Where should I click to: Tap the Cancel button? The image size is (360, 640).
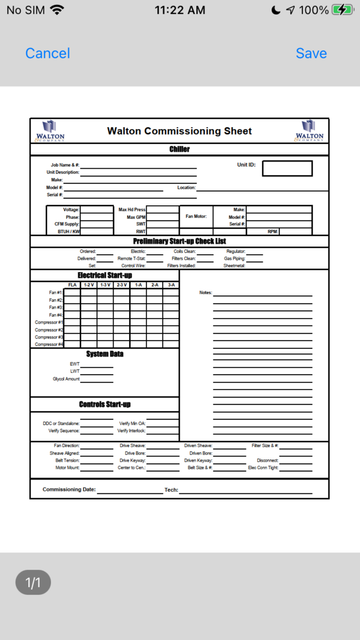(x=47, y=54)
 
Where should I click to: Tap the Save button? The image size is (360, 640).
(x=311, y=54)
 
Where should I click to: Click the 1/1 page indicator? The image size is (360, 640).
(x=33, y=582)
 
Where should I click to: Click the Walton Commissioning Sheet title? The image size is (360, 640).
(x=179, y=131)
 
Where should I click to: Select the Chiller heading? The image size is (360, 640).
(x=179, y=149)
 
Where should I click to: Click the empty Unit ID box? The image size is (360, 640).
(x=287, y=168)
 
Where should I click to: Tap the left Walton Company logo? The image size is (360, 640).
(x=50, y=131)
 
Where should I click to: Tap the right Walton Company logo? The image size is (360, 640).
(x=309, y=131)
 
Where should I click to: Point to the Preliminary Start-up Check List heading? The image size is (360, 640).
(x=179, y=241)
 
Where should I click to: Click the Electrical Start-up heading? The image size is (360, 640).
(x=104, y=275)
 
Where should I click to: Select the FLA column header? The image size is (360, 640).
(x=73, y=285)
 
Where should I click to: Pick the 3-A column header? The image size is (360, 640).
(x=171, y=285)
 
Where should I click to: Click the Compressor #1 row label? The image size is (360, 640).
(x=49, y=323)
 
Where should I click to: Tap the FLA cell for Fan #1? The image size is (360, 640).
(x=73, y=293)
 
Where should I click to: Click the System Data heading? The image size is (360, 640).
(x=104, y=354)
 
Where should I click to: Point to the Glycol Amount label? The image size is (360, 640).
(x=66, y=379)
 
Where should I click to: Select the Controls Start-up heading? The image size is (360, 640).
(x=104, y=404)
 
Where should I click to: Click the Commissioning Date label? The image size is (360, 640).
(x=69, y=490)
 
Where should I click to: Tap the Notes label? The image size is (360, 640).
(x=206, y=293)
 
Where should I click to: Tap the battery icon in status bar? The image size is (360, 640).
(x=342, y=10)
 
